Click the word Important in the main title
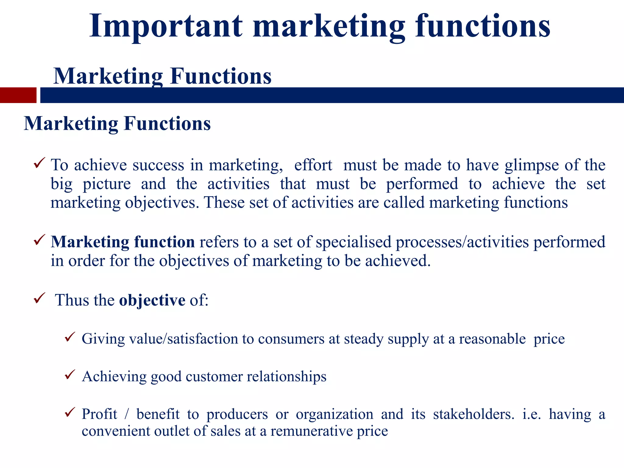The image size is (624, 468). pos(166,27)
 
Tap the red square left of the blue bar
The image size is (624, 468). pos(18,95)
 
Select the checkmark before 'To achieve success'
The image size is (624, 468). pos(40,163)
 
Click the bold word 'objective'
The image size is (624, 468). pos(152,300)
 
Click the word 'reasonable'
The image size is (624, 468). pos(492,339)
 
